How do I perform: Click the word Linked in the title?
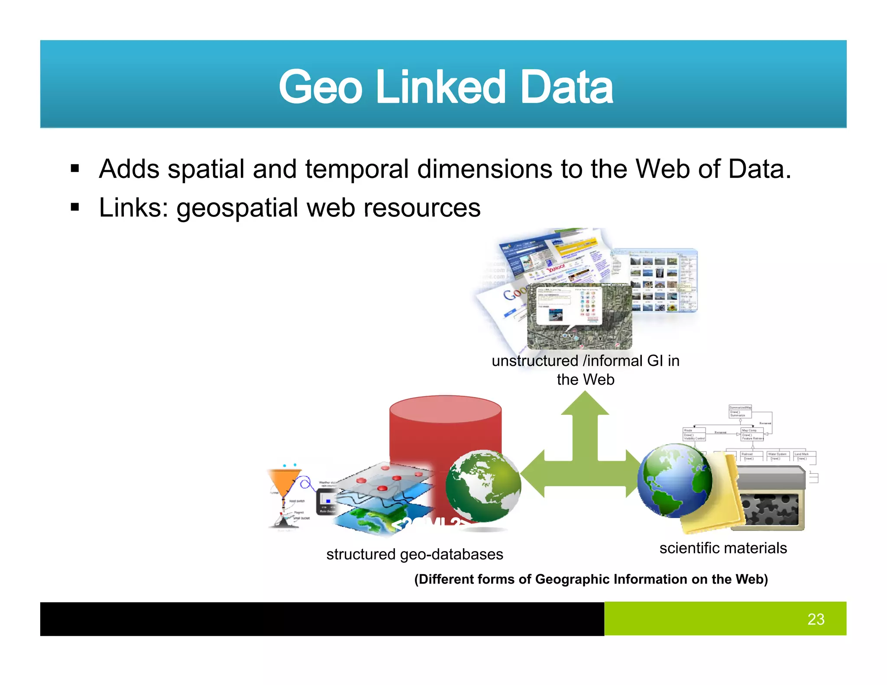pyautogui.click(x=440, y=87)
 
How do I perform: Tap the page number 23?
pyautogui.click(x=816, y=619)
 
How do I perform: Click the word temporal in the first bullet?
pyautogui.click(x=356, y=169)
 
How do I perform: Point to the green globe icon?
pyautogui.click(x=483, y=486)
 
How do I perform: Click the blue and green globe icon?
pyautogui.click(x=675, y=481)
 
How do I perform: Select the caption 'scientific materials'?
pyautogui.click(x=723, y=548)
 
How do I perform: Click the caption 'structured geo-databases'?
pyautogui.click(x=414, y=554)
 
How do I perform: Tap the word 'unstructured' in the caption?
pyautogui.click(x=534, y=361)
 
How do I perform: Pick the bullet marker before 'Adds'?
pyautogui.click(x=75, y=169)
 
